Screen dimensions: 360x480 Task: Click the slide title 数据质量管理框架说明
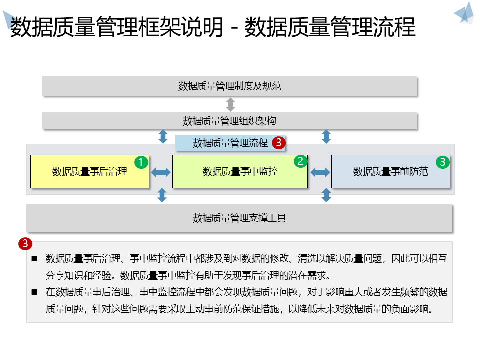[117, 27]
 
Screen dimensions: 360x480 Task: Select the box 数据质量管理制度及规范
[230, 86]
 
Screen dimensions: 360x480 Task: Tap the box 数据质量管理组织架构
[230, 121]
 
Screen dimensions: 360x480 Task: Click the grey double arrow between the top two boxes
[230, 104]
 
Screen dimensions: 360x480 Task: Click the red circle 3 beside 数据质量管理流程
[279, 143]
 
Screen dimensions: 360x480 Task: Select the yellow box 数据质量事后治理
[90, 172]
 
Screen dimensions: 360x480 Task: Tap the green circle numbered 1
[141, 162]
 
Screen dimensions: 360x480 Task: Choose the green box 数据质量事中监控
[240, 172]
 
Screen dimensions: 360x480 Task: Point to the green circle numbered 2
[300, 161]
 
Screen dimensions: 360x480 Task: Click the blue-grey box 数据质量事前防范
[391, 172]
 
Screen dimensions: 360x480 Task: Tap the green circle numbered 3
[443, 162]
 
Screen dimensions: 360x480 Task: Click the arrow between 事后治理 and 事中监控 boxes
[161, 172]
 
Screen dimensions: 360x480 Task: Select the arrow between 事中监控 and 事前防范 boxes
[320, 172]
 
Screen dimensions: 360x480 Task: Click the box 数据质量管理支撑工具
[240, 218]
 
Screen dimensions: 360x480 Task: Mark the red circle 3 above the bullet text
[25, 244]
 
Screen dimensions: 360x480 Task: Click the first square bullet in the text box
[34, 259]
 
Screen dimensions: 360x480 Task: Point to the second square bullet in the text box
[34, 292]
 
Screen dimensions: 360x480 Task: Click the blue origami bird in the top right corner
[464, 13]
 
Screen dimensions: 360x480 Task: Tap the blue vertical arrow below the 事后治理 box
[162, 195]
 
